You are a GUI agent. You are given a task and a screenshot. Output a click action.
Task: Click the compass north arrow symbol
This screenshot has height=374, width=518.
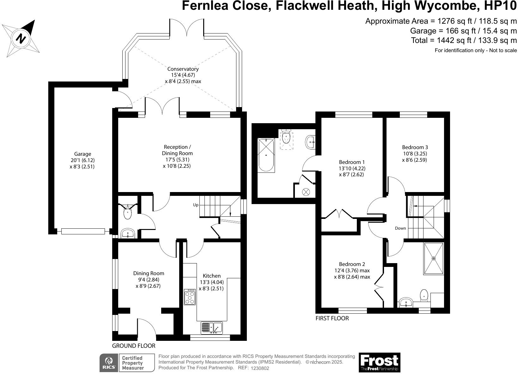coord(21,38)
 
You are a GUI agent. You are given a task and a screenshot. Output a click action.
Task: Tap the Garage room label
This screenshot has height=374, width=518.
coord(82,154)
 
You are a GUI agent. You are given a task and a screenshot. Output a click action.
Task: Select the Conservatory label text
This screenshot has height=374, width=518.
coord(183,69)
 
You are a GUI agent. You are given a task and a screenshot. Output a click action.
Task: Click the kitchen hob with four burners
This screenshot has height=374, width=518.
coord(190,297)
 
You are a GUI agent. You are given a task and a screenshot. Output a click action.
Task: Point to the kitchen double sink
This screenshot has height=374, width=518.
coord(212,328)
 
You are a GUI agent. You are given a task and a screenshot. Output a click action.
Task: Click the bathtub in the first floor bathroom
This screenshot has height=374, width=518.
coord(266,155)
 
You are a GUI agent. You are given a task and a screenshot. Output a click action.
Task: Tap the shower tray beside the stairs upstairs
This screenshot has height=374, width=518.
coord(433,258)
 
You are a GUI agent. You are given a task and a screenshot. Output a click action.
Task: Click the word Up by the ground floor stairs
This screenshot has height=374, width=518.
coord(196,205)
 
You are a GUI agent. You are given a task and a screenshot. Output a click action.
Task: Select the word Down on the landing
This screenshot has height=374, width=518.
coord(400,228)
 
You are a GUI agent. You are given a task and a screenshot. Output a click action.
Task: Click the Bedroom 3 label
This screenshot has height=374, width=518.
coord(415,147)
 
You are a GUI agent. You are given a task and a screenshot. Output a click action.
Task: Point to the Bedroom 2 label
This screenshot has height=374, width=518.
coord(352,264)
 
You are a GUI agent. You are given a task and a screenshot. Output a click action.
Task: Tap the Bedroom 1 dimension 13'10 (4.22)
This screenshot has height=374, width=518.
coord(352,168)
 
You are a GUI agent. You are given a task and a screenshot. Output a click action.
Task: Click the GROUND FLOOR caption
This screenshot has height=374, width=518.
coord(134,346)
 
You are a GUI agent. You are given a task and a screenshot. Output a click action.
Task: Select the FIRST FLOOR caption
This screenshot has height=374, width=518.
coord(332,318)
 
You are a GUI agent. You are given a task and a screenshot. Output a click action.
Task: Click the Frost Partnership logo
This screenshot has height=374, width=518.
coord(379,362)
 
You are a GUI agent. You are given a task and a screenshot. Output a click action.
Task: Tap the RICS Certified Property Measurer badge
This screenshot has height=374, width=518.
coord(127,363)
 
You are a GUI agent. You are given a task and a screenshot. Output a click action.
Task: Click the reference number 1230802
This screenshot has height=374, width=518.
coord(260,368)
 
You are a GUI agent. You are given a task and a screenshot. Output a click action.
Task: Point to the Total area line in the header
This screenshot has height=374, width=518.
coord(464,40)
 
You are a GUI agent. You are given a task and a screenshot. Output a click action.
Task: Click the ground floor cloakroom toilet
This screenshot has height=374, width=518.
coord(127,213)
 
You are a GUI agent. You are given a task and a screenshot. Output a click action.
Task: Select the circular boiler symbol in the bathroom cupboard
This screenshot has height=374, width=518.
coord(306,191)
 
